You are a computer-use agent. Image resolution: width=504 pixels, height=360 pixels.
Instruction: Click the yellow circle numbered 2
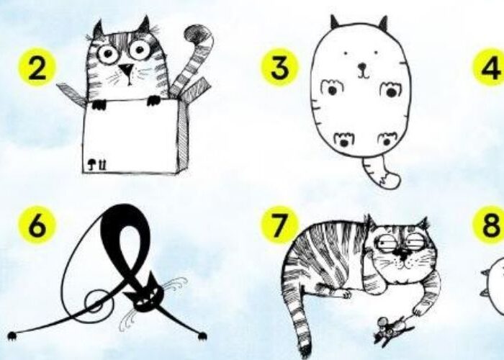pos(37,68)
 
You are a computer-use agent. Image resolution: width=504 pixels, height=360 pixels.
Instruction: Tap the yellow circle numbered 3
pos(279,68)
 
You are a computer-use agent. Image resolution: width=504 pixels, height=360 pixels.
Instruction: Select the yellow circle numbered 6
pos(37,225)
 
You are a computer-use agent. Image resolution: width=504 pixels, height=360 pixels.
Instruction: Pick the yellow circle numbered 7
pos(279,225)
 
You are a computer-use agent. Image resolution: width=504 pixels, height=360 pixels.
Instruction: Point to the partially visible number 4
pos(489,68)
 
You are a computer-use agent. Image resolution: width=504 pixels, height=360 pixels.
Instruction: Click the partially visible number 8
pos(489,225)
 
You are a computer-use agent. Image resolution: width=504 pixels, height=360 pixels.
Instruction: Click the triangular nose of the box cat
pos(126,69)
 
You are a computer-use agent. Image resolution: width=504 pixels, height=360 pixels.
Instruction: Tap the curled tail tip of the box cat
pos(197,34)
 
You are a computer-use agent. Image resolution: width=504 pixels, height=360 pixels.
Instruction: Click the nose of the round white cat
pos(362,66)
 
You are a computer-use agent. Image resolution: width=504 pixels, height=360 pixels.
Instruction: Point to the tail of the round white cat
pos(381,173)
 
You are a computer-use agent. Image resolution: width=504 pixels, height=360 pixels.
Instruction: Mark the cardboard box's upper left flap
pos(71,94)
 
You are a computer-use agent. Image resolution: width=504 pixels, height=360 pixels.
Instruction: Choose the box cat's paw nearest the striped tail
pos(153,100)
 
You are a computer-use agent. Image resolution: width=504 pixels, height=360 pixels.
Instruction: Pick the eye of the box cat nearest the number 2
pos(107,54)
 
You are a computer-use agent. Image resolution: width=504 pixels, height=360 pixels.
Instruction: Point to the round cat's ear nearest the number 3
pos(335,22)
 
